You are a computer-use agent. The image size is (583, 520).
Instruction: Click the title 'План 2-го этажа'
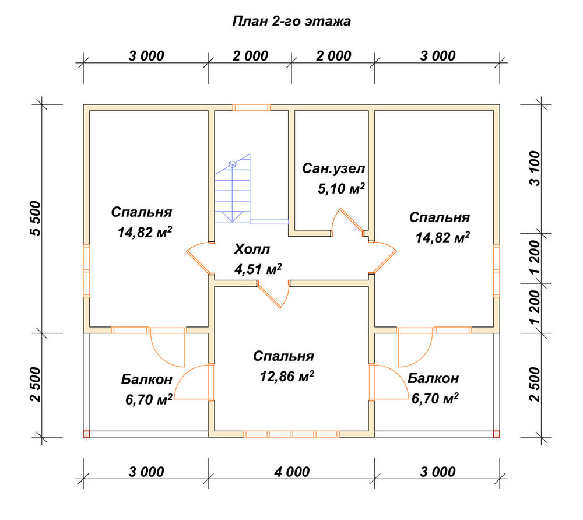click(x=291, y=21)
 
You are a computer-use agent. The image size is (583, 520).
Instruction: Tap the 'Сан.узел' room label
click(x=333, y=168)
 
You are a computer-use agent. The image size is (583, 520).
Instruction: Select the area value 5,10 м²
click(x=341, y=189)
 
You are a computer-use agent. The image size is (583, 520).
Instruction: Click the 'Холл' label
click(x=252, y=249)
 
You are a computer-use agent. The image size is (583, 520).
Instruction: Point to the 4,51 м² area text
click(x=258, y=269)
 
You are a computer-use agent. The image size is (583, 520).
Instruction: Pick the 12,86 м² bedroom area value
click(x=287, y=377)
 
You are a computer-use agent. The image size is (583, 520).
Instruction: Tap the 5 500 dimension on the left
click(x=36, y=218)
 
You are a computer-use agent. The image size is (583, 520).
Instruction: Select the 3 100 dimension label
click(x=535, y=168)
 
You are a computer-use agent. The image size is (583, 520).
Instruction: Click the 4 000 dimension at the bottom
click(x=292, y=472)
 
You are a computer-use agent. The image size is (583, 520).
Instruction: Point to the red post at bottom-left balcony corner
click(x=86, y=434)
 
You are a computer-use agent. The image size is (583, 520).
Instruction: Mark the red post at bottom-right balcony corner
click(x=496, y=434)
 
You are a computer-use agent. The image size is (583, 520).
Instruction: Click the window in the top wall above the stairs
click(x=251, y=107)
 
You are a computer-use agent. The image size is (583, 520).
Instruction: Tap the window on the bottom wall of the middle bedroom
click(x=291, y=434)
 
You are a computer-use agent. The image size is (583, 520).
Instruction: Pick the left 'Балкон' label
click(x=147, y=380)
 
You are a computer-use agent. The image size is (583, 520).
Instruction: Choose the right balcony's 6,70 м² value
click(x=435, y=399)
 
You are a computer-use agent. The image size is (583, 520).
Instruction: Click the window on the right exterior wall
click(x=496, y=270)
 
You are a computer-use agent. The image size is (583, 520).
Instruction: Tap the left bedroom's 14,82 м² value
click(x=145, y=232)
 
